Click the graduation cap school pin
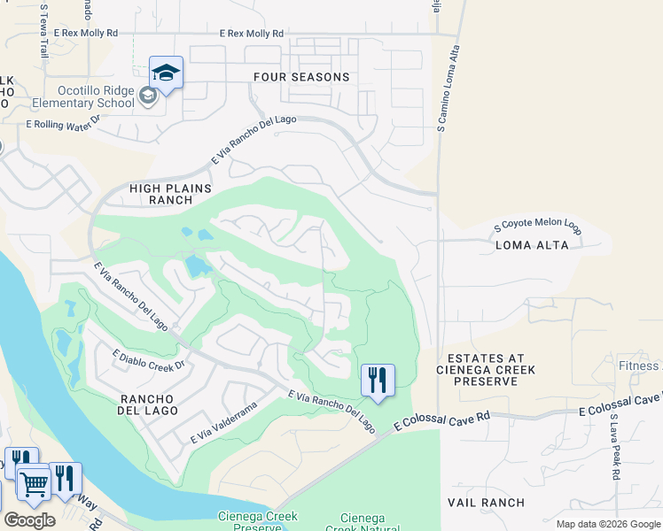166,73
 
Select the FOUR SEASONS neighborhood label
301,77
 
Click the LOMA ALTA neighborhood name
531,245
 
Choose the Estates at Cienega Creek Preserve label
485,369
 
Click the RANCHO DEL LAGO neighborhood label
148,404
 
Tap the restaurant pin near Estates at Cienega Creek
378,381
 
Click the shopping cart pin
34,483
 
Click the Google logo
29,520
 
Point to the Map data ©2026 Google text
608,524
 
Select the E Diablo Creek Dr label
147,359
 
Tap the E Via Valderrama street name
222,422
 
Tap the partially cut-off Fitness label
638,366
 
